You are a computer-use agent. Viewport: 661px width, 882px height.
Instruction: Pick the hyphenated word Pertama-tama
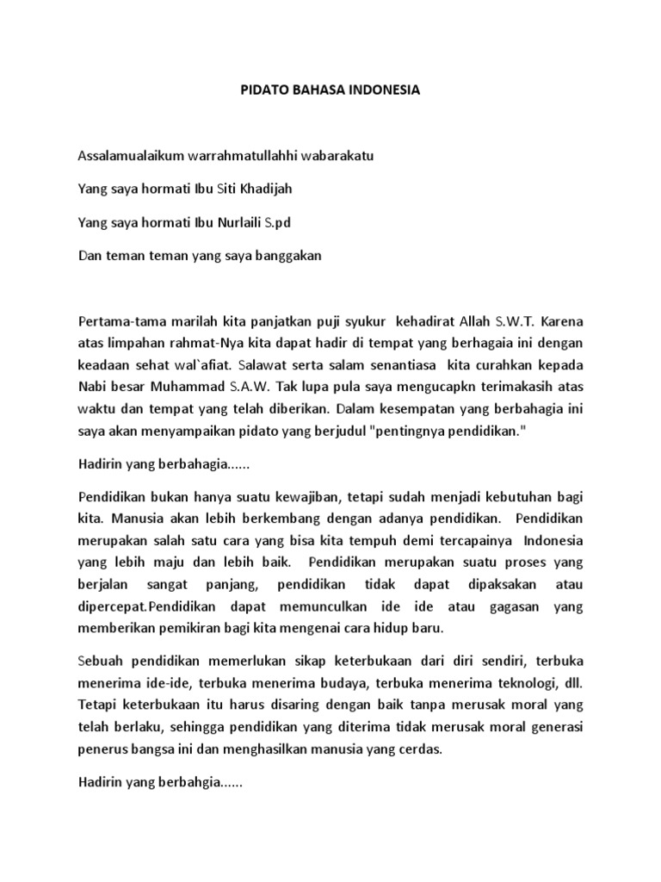(115, 322)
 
